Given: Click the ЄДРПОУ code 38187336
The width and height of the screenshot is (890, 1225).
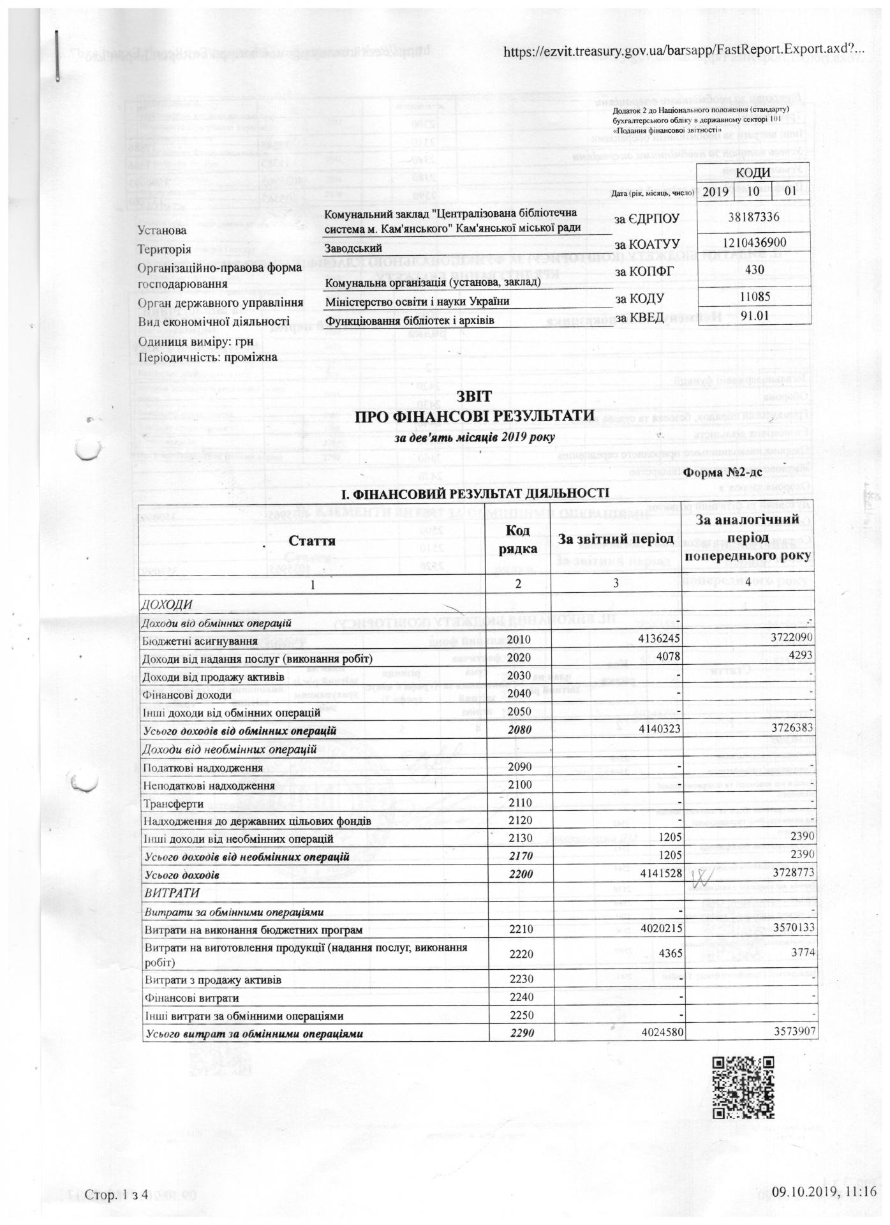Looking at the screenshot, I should pyautogui.click(x=753, y=218).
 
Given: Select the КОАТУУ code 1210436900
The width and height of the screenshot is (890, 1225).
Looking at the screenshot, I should pyautogui.click(x=755, y=242).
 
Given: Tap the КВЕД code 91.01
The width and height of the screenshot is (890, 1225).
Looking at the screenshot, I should pyautogui.click(x=753, y=316).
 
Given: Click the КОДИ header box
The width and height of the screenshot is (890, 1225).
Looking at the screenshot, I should pyautogui.click(x=753, y=173).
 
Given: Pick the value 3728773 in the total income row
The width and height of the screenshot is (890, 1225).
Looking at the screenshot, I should pyautogui.click(x=785, y=873).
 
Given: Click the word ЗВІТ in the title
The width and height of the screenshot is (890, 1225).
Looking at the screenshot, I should pyautogui.click(x=474, y=397).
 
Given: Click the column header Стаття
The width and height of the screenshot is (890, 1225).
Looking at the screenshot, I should pyautogui.click(x=313, y=541).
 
